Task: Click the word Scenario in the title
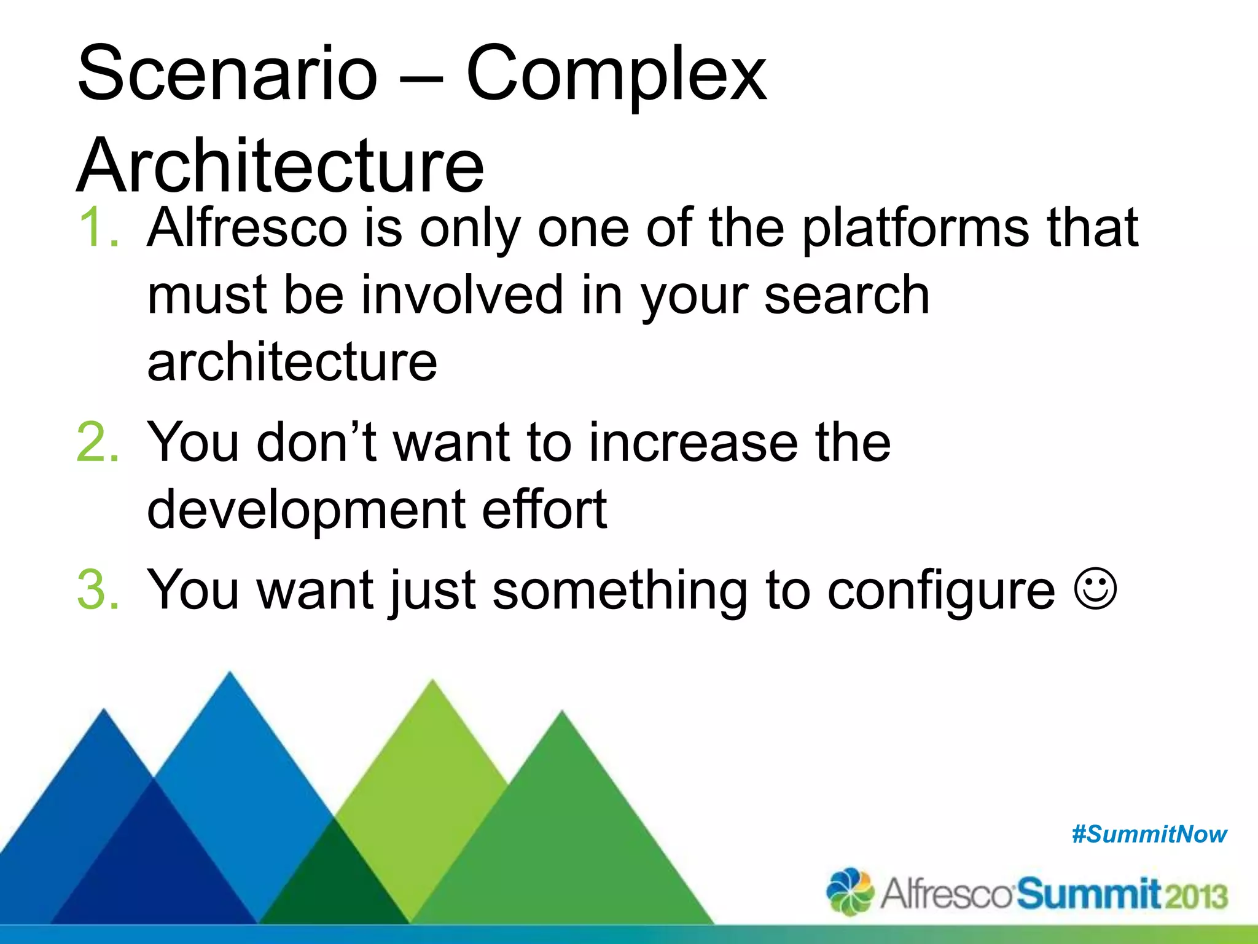click(227, 74)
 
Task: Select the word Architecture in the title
click(281, 166)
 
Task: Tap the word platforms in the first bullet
click(915, 229)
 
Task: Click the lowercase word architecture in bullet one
click(292, 363)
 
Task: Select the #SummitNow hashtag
click(1149, 834)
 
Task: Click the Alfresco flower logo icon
click(850, 891)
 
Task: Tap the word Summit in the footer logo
click(1088, 894)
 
